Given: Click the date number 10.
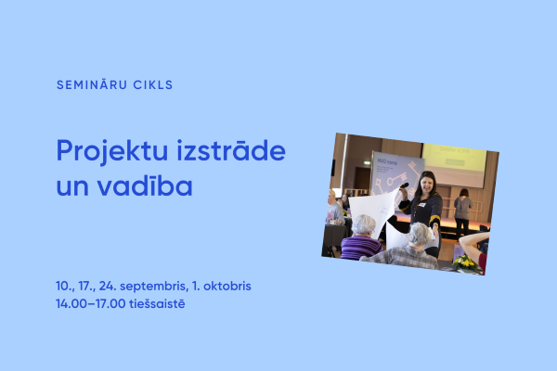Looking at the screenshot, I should (63, 286).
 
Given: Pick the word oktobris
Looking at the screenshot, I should (227, 286).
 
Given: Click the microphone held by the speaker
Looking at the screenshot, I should (406, 186).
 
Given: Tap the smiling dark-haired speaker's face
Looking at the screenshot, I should (427, 183).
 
